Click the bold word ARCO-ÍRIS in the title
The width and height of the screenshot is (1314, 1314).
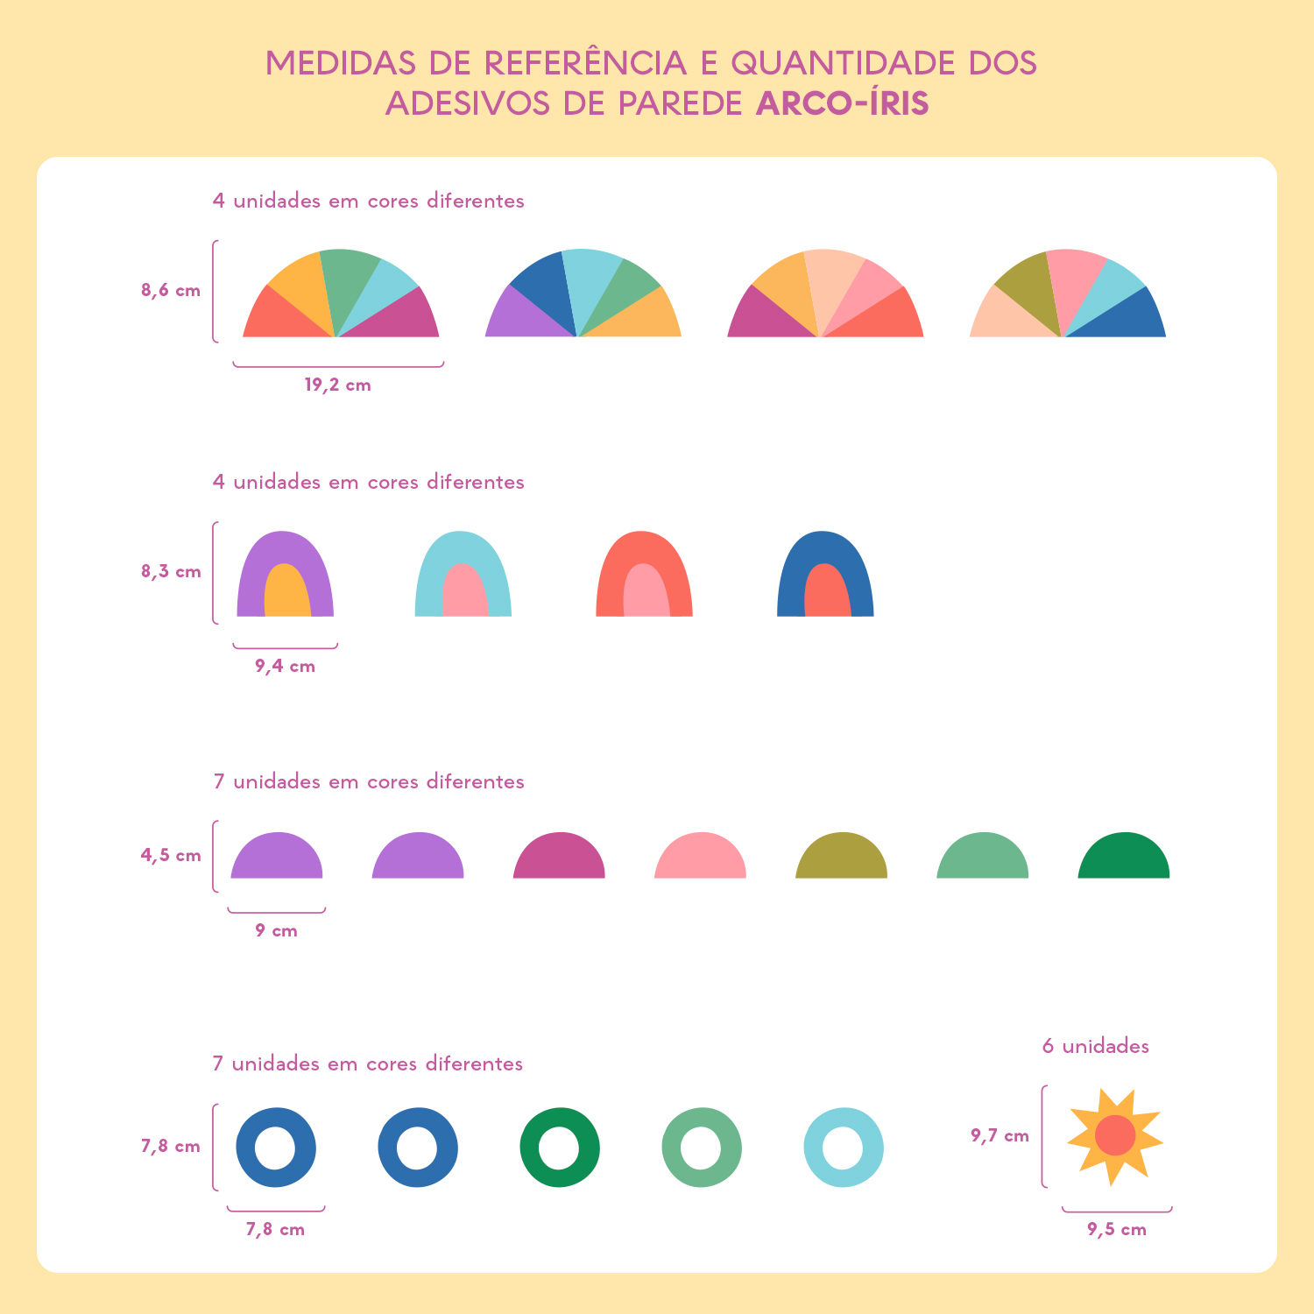(842, 103)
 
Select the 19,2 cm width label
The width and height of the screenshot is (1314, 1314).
(337, 385)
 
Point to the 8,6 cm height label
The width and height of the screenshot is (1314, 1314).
(171, 291)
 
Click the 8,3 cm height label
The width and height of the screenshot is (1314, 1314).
(171, 572)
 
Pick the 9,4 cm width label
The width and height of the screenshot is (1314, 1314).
(285, 667)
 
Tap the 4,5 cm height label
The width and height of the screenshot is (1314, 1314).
(171, 856)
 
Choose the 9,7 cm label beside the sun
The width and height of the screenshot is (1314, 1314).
(1000, 1136)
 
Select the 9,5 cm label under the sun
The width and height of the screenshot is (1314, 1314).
(1117, 1230)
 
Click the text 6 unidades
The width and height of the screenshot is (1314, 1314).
(1095, 1047)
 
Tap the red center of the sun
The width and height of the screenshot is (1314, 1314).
(1115, 1135)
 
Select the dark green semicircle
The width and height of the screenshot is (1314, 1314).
(1123, 858)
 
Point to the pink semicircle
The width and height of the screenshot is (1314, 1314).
(700, 858)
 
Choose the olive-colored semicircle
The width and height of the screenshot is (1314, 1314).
(841, 858)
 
